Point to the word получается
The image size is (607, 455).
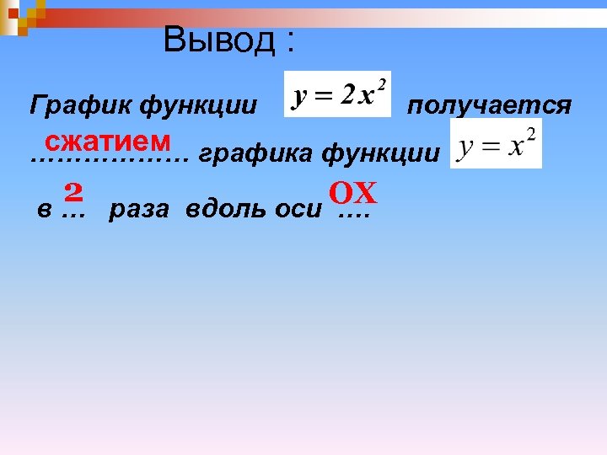(x=489, y=105)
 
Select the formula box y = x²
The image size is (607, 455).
(x=496, y=143)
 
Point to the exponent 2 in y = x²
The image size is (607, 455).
(x=530, y=133)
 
